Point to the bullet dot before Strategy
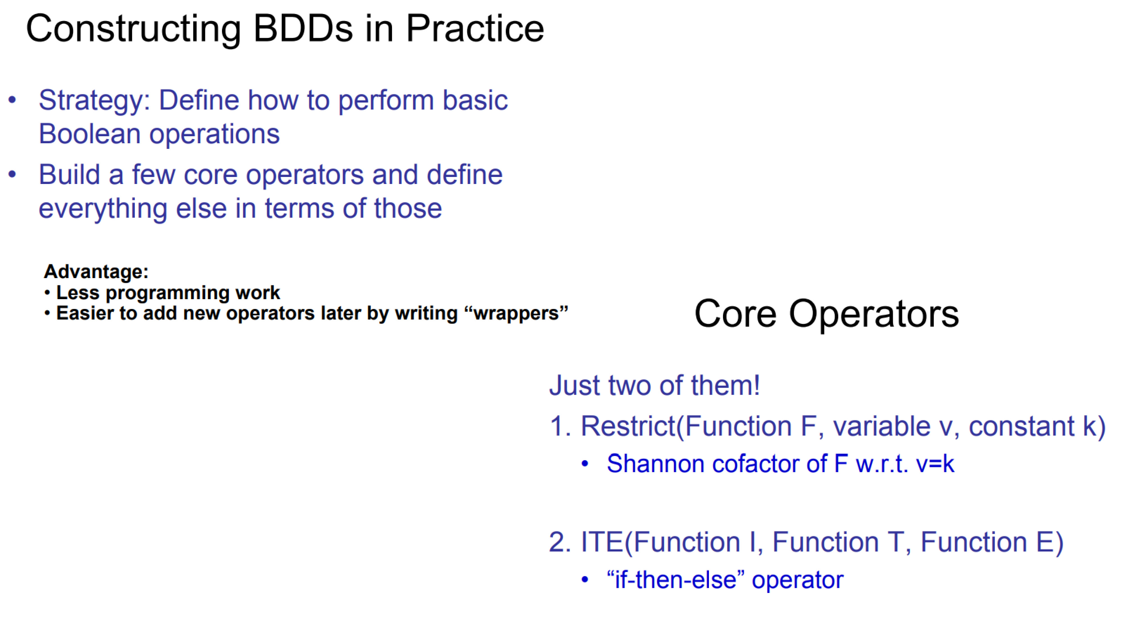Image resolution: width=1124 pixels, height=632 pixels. (x=12, y=100)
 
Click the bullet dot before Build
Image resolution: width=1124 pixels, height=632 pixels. (x=12, y=174)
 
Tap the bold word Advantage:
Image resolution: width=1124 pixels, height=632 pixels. (x=96, y=272)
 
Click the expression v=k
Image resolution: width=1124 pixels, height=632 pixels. (x=935, y=464)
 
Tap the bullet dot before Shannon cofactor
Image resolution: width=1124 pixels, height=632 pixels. (x=585, y=464)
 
